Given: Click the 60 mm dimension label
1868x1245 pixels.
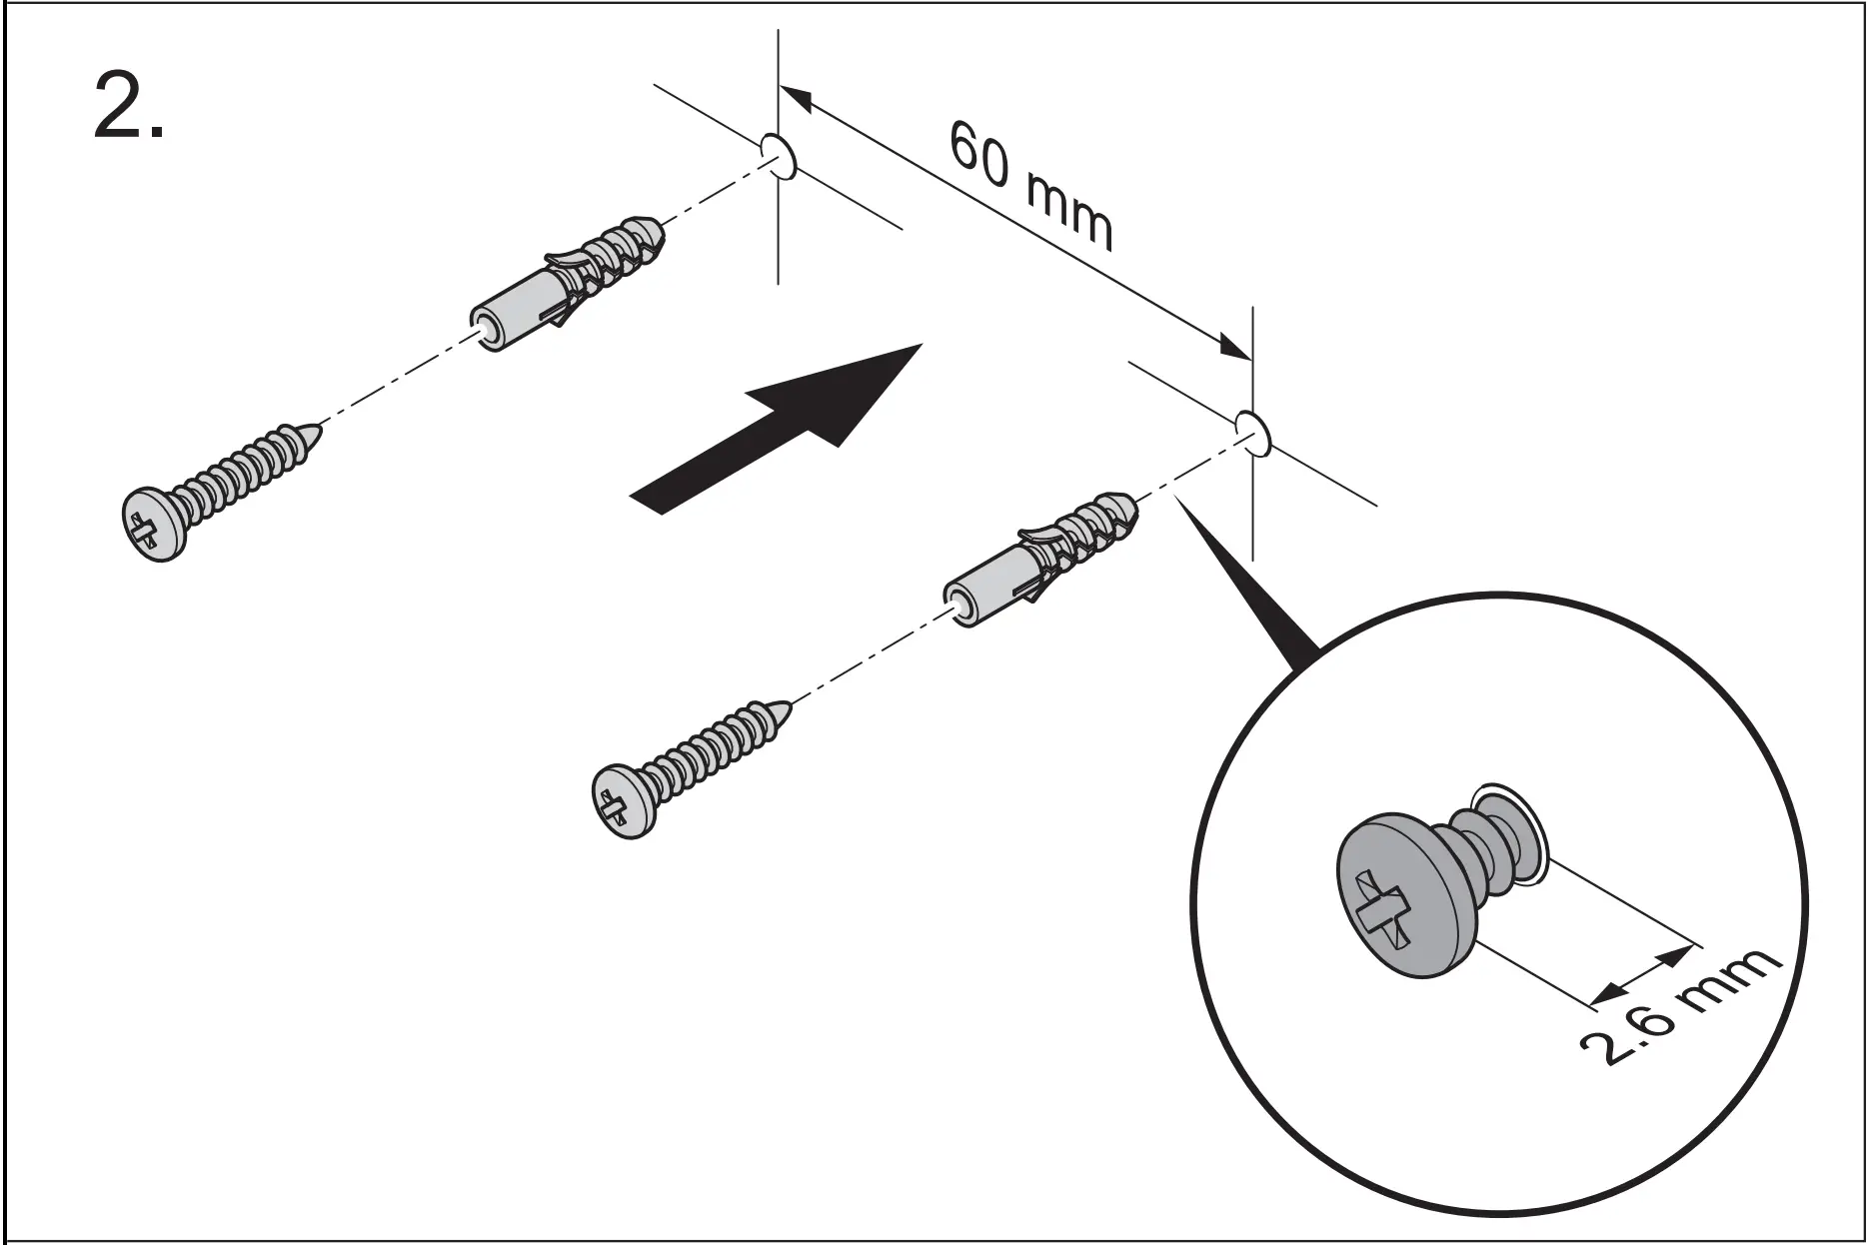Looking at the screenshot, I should pos(1028,186).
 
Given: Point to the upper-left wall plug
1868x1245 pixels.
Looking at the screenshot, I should pos(565,285).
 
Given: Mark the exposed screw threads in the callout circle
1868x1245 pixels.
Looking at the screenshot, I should pos(1494,839).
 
